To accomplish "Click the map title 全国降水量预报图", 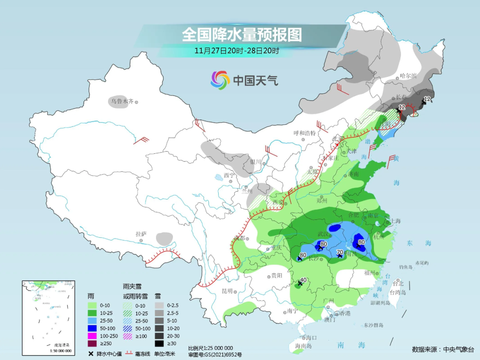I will [242, 35].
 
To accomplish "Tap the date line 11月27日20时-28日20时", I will [236, 51].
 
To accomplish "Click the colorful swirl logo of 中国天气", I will [220, 80].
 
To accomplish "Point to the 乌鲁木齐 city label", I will [122, 101].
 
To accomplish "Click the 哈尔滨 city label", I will [408, 76].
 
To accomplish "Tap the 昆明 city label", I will [228, 291].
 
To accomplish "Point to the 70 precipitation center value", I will [340, 252].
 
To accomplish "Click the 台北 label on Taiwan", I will [398, 283].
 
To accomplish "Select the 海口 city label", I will [311, 338].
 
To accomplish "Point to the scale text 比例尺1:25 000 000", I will [210, 348].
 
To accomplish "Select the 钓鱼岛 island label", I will [406, 267].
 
